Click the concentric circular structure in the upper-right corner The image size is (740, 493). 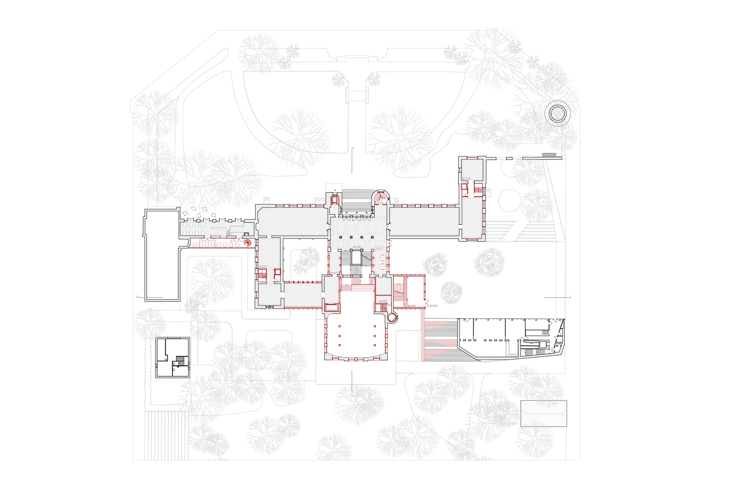[x=557, y=113]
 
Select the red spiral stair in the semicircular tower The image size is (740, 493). [x=380, y=198]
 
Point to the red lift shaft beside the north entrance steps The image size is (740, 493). [x=334, y=199]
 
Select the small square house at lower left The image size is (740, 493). [x=173, y=357]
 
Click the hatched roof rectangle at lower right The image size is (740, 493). [x=543, y=413]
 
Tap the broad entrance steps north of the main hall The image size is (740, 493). [x=356, y=202]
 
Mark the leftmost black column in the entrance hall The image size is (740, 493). [x=341, y=237]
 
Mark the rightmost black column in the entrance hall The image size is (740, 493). [x=372, y=237]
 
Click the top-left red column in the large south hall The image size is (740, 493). [x=340, y=326]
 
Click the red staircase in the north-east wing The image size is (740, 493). [x=478, y=189]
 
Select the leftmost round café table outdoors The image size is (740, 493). [x=185, y=213]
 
